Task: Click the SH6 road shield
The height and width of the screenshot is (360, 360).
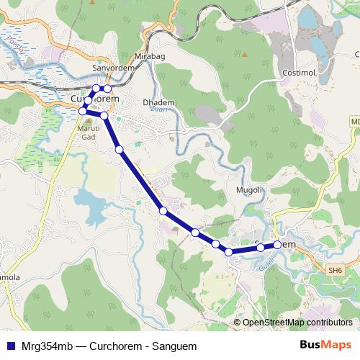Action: (x=335, y=270)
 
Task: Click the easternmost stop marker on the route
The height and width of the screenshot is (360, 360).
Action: (x=278, y=246)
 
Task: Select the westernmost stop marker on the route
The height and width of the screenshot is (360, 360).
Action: (x=83, y=111)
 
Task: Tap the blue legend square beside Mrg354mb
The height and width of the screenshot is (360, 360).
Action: (x=9, y=346)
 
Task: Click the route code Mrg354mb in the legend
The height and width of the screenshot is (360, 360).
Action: (x=45, y=346)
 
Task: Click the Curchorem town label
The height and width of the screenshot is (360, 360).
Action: (x=94, y=98)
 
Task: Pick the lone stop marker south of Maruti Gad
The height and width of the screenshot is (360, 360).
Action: (x=120, y=149)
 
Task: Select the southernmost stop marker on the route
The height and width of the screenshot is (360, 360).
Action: (x=229, y=251)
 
